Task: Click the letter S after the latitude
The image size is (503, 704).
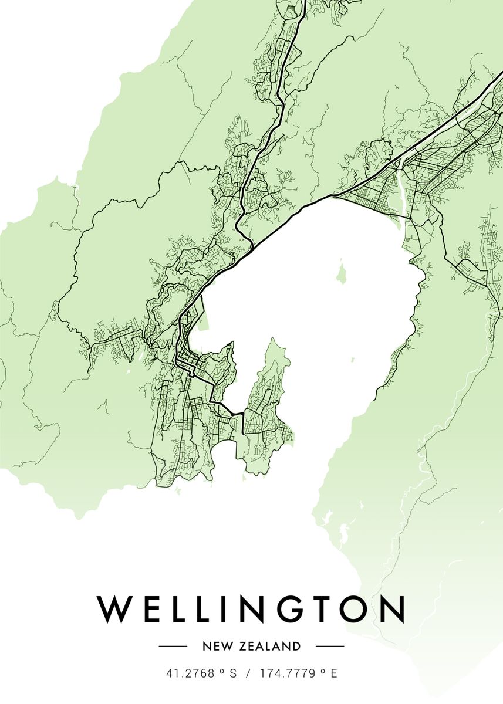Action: click(233, 673)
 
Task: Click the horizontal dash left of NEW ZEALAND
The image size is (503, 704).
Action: click(173, 647)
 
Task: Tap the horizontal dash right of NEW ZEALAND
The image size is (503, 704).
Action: click(330, 647)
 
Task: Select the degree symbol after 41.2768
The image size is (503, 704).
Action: click(222, 671)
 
